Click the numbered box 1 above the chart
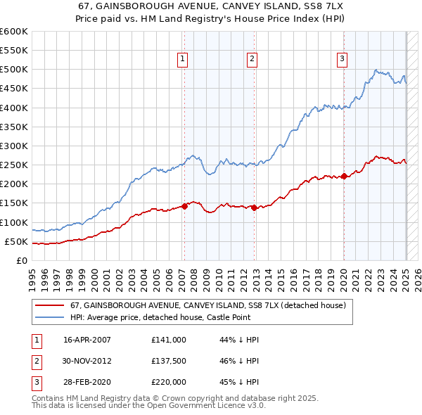pyautogui.click(x=182, y=60)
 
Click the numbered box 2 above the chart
pyautogui.click(x=251, y=60)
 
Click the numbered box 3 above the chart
pyautogui.click(x=342, y=60)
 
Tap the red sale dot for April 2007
pyautogui.click(x=184, y=206)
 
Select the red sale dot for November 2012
pyautogui.click(x=253, y=207)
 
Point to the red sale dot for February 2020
pyautogui.click(x=344, y=177)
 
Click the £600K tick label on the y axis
pyautogui.click(x=14, y=32)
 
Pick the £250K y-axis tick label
pyautogui.click(x=14, y=165)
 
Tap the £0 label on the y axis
pyautogui.click(x=21, y=260)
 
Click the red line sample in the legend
pyautogui.click(x=49, y=306)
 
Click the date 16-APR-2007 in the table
pyautogui.click(x=87, y=339)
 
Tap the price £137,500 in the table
pyautogui.click(x=169, y=360)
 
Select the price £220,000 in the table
pyautogui.click(x=169, y=382)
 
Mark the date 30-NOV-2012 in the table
pyautogui.click(x=88, y=360)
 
